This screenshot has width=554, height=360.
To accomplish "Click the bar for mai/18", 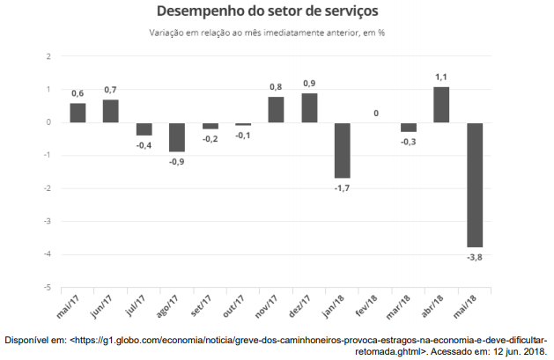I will pos(474,185).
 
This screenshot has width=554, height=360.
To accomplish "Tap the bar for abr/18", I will pos(441,104).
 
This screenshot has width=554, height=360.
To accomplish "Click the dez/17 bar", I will pos(309,107).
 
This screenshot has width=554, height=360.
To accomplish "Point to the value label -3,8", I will pos(474,258).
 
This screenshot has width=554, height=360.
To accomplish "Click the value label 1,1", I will pos(441,77).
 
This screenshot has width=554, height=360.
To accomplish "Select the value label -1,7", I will pos(342,188).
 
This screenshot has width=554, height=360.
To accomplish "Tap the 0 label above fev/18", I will pos(376,113).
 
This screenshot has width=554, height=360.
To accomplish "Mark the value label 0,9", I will pos(309,84).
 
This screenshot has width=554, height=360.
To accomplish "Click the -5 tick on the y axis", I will pos(48,288).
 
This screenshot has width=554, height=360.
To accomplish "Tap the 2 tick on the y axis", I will pos(49,56).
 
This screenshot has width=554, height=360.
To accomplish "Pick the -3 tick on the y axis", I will pos(48,222).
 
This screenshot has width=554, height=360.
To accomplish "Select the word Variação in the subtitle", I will pos(170,33).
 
